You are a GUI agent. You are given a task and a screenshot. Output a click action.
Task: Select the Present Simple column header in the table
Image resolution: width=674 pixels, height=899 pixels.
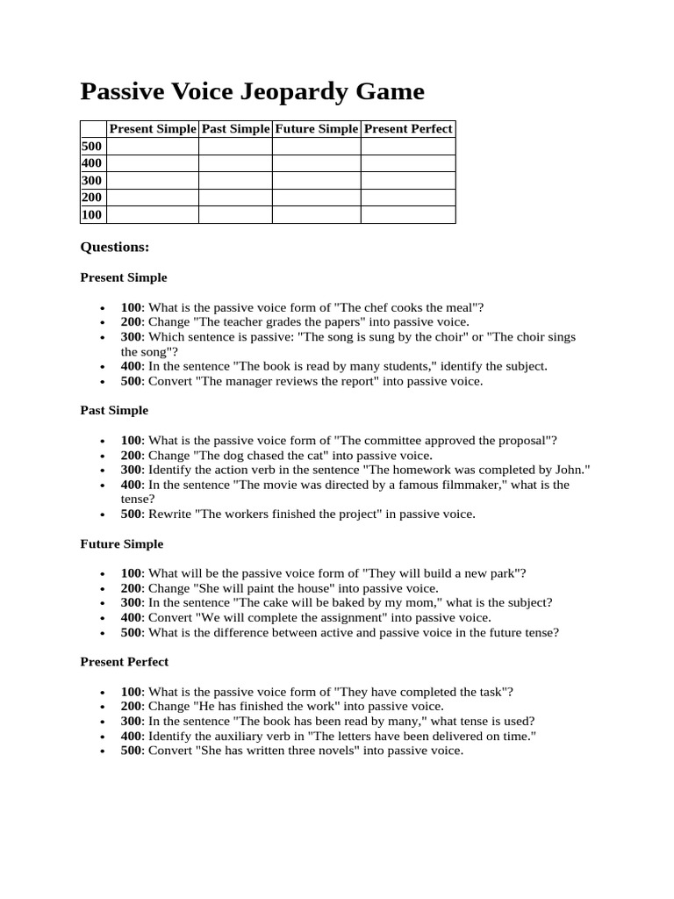[152, 129]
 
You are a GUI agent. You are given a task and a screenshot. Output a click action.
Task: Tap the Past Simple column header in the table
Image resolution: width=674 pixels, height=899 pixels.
[235, 129]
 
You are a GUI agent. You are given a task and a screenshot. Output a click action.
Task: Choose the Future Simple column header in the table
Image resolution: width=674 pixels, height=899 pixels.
[316, 129]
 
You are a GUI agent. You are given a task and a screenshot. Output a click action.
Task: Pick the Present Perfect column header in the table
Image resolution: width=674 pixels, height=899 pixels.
[408, 129]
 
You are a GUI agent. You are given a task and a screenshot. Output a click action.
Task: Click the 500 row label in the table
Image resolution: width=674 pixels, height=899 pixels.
[92, 147]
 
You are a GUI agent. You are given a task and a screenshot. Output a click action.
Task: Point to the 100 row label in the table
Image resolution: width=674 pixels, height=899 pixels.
[92, 215]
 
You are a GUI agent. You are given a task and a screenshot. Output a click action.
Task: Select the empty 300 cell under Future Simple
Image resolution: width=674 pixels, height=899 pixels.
[316, 181]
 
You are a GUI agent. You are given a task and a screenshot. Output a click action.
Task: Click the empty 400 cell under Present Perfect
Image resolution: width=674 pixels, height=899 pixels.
[408, 163]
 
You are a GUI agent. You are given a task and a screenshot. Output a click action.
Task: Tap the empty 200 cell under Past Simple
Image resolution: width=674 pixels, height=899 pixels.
[235, 198]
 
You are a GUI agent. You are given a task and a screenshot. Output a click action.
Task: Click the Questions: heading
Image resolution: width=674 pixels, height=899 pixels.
[115, 248]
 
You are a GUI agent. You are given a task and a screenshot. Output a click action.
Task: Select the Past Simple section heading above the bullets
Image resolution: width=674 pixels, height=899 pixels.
[114, 411]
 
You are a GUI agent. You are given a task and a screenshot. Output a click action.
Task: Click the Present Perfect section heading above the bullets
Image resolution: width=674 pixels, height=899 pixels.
[125, 662]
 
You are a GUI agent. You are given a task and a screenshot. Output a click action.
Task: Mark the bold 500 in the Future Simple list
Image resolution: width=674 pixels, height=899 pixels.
[131, 632]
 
